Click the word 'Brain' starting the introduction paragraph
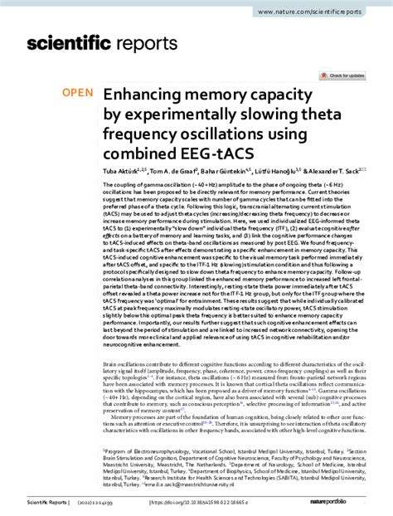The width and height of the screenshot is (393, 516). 111,363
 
